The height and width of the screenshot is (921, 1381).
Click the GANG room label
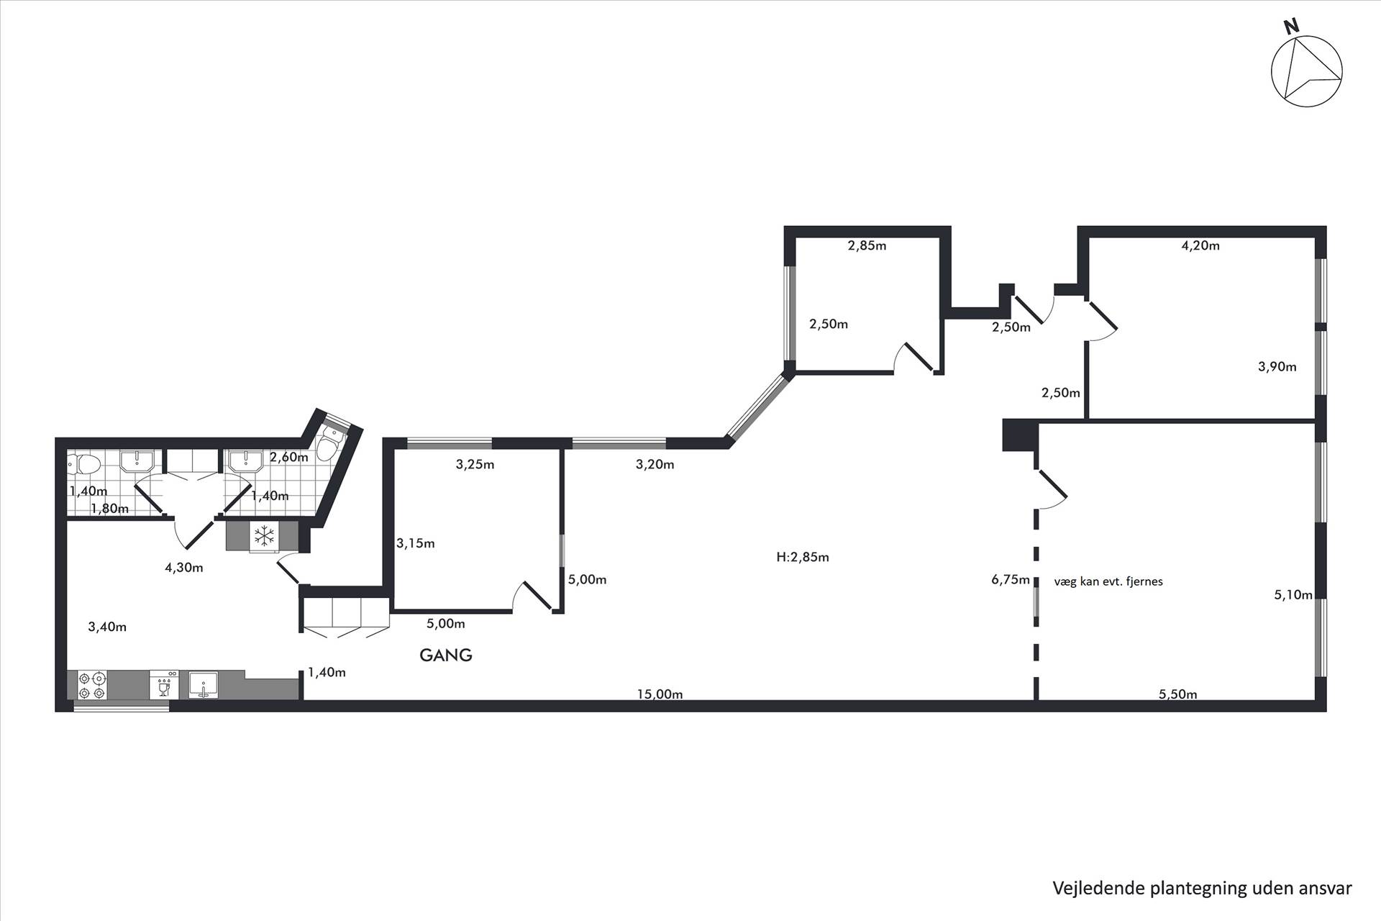[x=446, y=655]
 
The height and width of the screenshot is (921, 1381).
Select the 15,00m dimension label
[x=660, y=694]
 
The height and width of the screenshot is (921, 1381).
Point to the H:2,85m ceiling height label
[x=803, y=557]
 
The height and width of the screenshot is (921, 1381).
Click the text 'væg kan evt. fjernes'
[x=1108, y=581]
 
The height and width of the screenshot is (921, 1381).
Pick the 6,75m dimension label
[x=1011, y=580]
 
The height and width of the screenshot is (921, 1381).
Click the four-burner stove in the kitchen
[x=92, y=685]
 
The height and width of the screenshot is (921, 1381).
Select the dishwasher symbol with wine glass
[x=164, y=685]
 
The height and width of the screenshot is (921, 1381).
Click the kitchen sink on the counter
[x=206, y=685]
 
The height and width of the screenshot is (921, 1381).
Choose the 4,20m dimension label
[x=1200, y=245]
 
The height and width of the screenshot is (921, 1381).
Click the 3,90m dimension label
[x=1277, y=367]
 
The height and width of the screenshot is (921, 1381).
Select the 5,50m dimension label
[x=1178, y=694]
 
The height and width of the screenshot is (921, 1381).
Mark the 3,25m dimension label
[x=475, y=465]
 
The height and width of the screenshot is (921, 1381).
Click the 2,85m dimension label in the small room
[x=867, y=245]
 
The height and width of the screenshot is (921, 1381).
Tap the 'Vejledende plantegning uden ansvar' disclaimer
[x=1203, y=888]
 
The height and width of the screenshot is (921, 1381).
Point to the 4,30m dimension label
[x=184, y=568]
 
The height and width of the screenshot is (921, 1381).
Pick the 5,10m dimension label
[x=1293, y=595]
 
